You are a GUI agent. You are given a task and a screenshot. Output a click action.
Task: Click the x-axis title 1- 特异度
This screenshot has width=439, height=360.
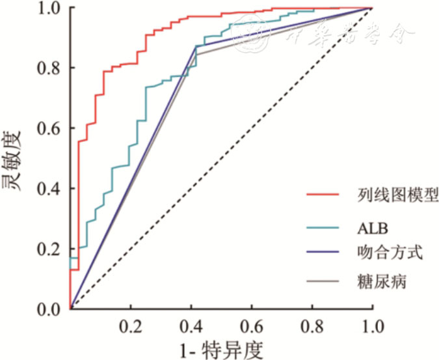click(220, 350)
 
